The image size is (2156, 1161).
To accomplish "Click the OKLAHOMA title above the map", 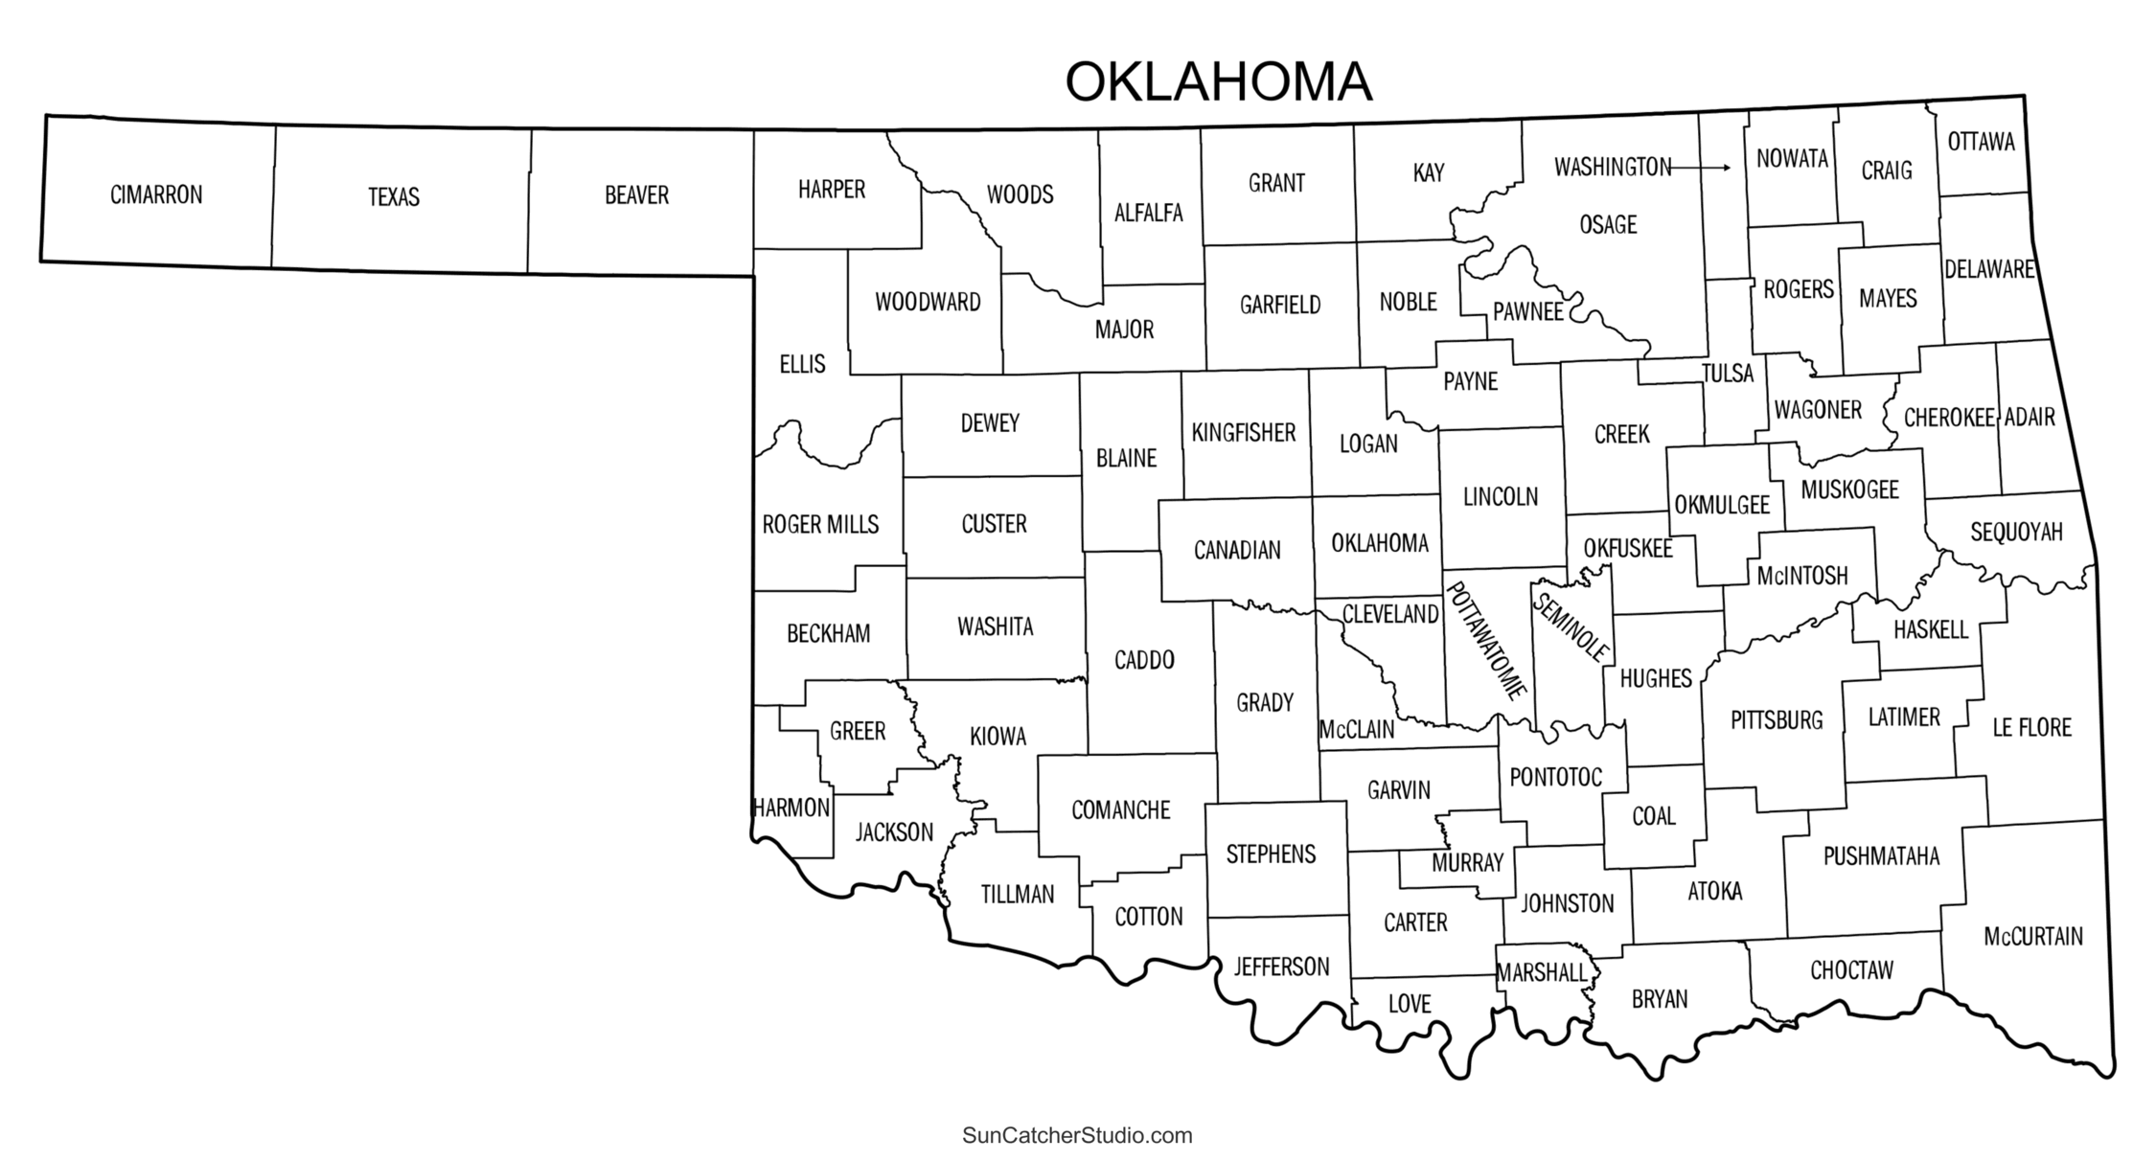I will pyautogui.click(x=1218, y=82).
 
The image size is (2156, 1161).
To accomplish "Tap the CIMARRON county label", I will pyautogui.click(x=156, y=195).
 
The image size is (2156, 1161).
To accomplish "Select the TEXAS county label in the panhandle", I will pyautogui.click(x=394, y=197).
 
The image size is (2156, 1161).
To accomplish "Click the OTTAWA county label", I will pyautogui.click(x=1981, y=142).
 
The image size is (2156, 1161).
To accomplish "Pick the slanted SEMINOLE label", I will pyautogui.click(x=1571, y=627).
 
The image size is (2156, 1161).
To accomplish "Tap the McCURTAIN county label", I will pyautogui.click(x=2032, y=936).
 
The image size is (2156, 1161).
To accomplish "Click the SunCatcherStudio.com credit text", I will pyautogui.click(x=1077, y=1136).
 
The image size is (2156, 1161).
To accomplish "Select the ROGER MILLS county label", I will pyautogui.click(x=820, y=525).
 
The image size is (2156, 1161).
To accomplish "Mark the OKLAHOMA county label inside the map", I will pyautogui.click(x=1379, y=543).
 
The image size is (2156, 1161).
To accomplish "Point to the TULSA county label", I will pyautogui.click(x=1728, y=374).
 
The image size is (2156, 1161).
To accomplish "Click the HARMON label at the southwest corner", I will pyautogui.click(x=791, y=808).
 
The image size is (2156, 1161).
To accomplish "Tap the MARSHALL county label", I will pyautogui.click(x=1542, y=973).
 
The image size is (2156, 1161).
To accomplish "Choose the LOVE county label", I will pyautogui.click(x=1409, y=1004).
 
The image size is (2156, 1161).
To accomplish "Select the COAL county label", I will pyautogui.click(x=1653, y=816).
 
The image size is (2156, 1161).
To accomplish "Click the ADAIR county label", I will pyautogui.click(x=2030, y=417).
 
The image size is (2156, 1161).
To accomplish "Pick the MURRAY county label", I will pyautogui.click(x=1467, y=863).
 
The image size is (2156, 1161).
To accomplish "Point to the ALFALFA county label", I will pyautogui.click(x=1148, y=213).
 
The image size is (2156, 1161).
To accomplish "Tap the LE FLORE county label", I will pyautogui.click(x=2031, y=727).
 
